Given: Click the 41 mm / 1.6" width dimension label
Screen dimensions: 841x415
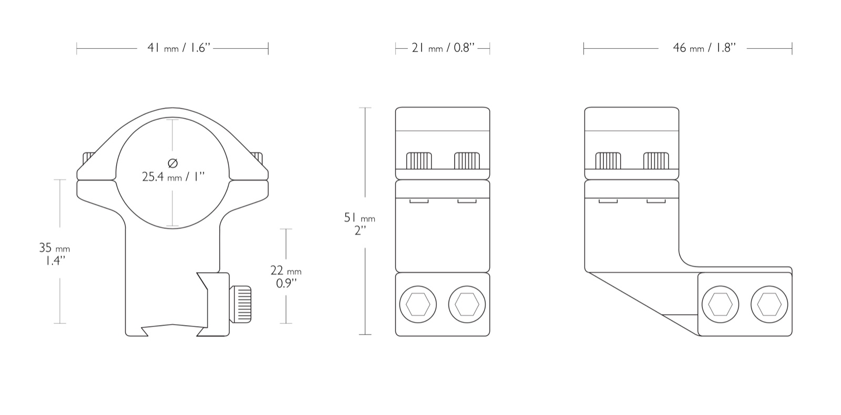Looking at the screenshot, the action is coord(179,48).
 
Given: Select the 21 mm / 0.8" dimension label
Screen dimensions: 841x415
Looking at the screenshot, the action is coord(443,48).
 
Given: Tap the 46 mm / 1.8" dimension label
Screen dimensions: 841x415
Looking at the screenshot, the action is coord(704,48).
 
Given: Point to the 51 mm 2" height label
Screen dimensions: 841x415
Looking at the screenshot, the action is coord(360,224).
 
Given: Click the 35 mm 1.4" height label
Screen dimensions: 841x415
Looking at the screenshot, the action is coord(55,254).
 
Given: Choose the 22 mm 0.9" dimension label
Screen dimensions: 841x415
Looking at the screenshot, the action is coord(286,276).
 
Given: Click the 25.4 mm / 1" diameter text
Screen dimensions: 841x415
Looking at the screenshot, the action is coord(173,177).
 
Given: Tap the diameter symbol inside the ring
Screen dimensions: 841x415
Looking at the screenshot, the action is coord(173,163).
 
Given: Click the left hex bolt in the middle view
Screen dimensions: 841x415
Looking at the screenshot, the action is coord(418,304).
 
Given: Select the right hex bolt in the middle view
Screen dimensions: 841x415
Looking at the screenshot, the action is coord(467,304).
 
